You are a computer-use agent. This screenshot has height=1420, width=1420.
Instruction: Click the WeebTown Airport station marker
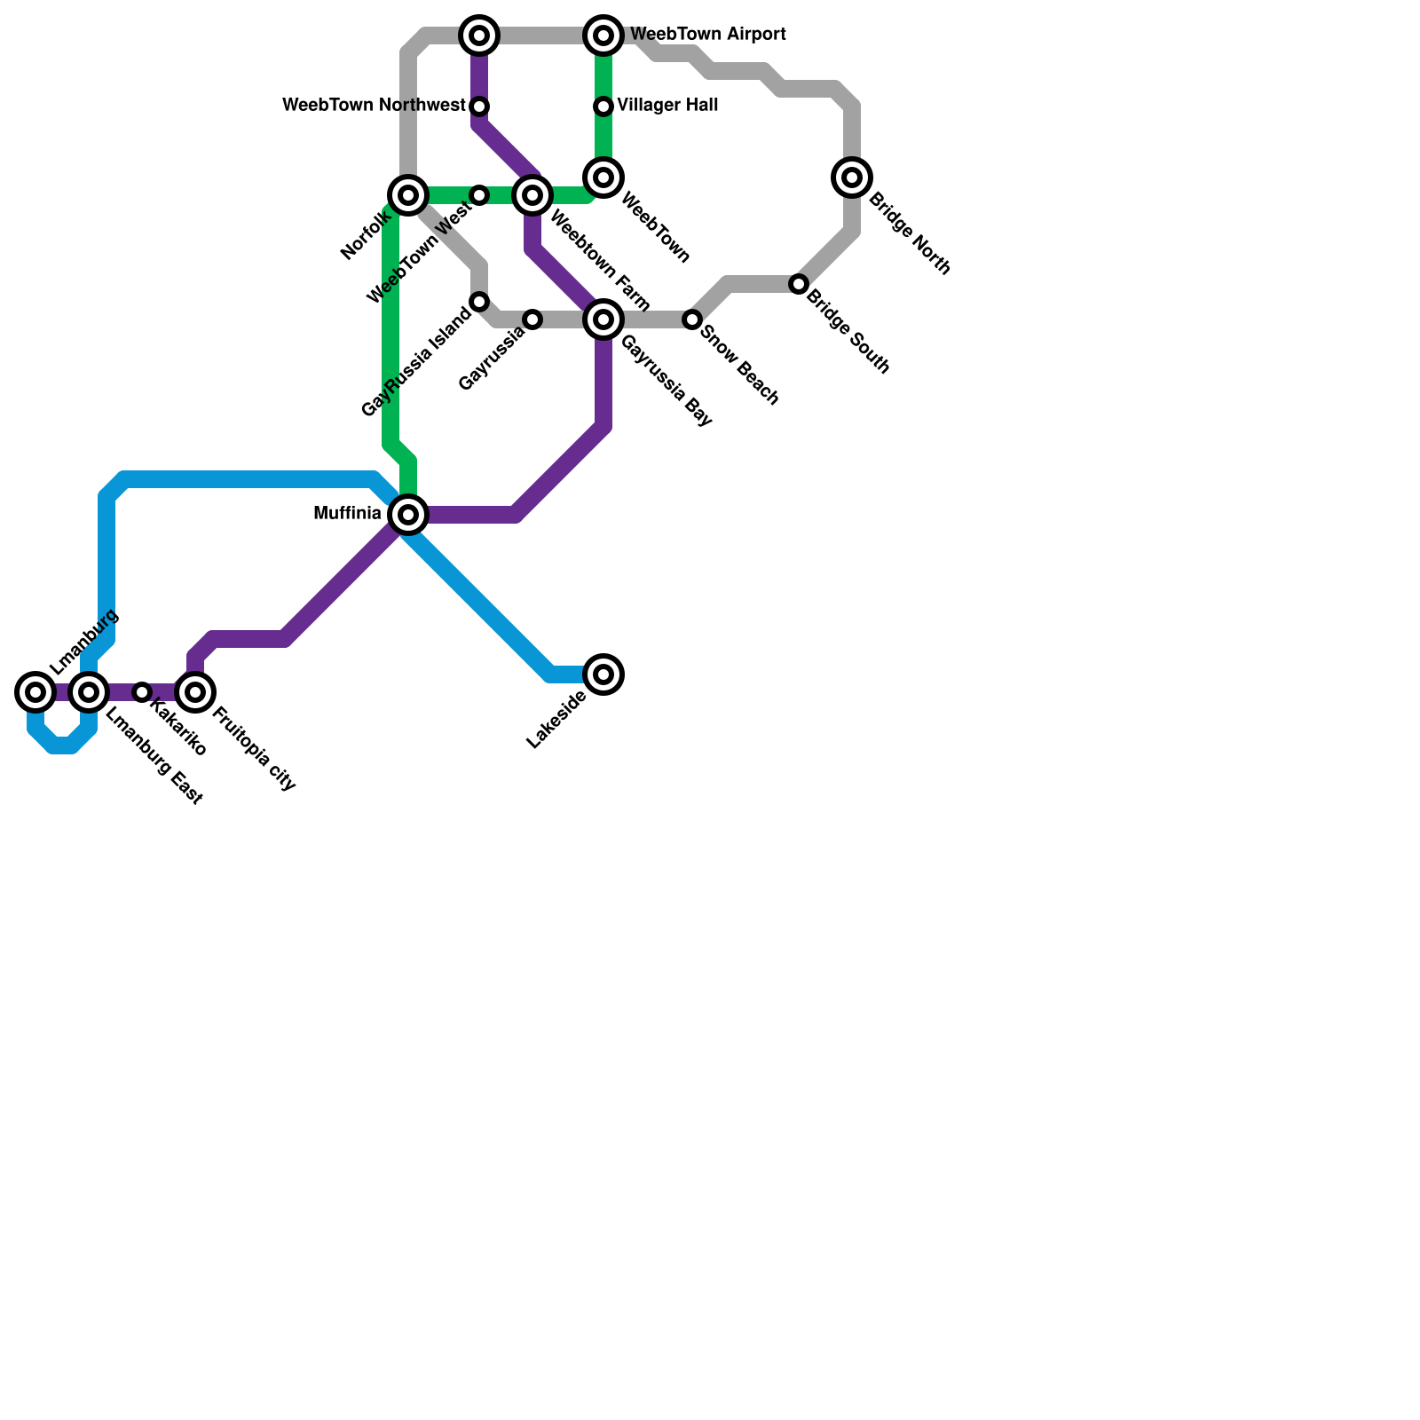[x=603, y=35]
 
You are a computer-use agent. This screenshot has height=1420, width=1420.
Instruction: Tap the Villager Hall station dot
[x=603, y=106]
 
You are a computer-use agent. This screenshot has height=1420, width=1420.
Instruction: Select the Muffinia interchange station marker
[x=408, y=515]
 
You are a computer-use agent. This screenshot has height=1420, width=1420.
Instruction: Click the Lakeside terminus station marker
[x=603, y=674]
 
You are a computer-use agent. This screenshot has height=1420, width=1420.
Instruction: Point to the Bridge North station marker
[x=852, y=177]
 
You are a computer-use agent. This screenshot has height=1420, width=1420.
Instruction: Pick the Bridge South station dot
[x=799, y=284]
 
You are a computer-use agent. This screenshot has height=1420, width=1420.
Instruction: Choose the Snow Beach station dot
[x=692, y=319]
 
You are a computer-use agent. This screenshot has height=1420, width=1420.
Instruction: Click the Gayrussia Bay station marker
[x=603, y=319]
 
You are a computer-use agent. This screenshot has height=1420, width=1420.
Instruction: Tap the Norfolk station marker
[x=408, y=195]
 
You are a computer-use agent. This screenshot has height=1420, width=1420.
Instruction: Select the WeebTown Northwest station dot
[x=479, y=106]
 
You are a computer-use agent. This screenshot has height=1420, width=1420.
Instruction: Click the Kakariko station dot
[x=142, y=692]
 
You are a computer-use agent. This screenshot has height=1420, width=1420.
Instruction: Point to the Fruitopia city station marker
[x=195, y=692]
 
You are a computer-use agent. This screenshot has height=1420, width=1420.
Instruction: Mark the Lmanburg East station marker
[x=89, y=692]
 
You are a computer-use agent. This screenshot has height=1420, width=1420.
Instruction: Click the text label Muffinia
[x=347, y=514]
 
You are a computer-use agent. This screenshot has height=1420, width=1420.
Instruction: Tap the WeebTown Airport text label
[x=707, y=35]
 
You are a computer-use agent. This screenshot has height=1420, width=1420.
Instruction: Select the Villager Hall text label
[x=667, y=106]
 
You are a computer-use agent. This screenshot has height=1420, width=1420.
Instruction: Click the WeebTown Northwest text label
[x=374, y=106]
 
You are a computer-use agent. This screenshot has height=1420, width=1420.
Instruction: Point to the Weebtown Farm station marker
[x=532, y=195]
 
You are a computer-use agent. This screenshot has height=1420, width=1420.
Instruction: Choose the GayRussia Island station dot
[x=479, y=302]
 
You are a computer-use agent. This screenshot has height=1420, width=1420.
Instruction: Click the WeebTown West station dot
[x=479, y=195]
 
